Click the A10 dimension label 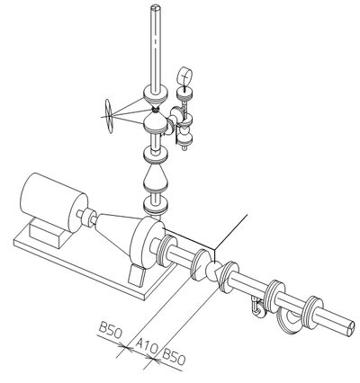click(x=147, y=346)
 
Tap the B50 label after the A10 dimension click(x=174, y=357)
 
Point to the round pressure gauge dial click(x=184, y=76)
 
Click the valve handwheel click(x=109, y=116)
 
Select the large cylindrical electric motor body click(x=54, y=202)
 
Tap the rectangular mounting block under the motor click(x=48, y=233)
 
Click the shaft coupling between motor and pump click(x=87, y=218)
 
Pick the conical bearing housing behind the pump click(x=114, y=231)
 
